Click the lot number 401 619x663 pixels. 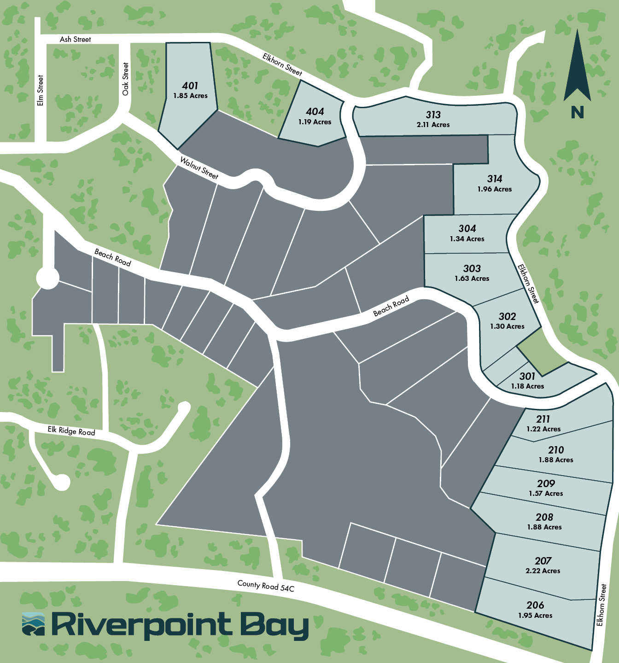[190, 86]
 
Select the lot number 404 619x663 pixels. [315, 111]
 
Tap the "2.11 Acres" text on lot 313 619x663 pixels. [433, 125]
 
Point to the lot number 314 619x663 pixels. [495, 179]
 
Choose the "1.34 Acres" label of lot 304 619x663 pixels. [467, 239]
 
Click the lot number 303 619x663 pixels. [472, 268]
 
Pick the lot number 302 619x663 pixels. [507, 316]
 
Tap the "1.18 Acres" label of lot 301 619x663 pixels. [527, 386]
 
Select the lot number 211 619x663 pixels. [543, 419]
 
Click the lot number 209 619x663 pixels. [546, 483]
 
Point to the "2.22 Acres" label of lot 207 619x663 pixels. [543, 571]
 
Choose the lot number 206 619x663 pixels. [535, 605]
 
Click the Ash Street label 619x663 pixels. [76, 40]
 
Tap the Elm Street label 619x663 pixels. [41, 91]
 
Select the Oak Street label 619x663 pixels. [126, 79]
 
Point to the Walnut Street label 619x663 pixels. [199, 168]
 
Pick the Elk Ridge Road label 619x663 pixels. [71, 431]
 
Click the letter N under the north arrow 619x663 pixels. [577, 112]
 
